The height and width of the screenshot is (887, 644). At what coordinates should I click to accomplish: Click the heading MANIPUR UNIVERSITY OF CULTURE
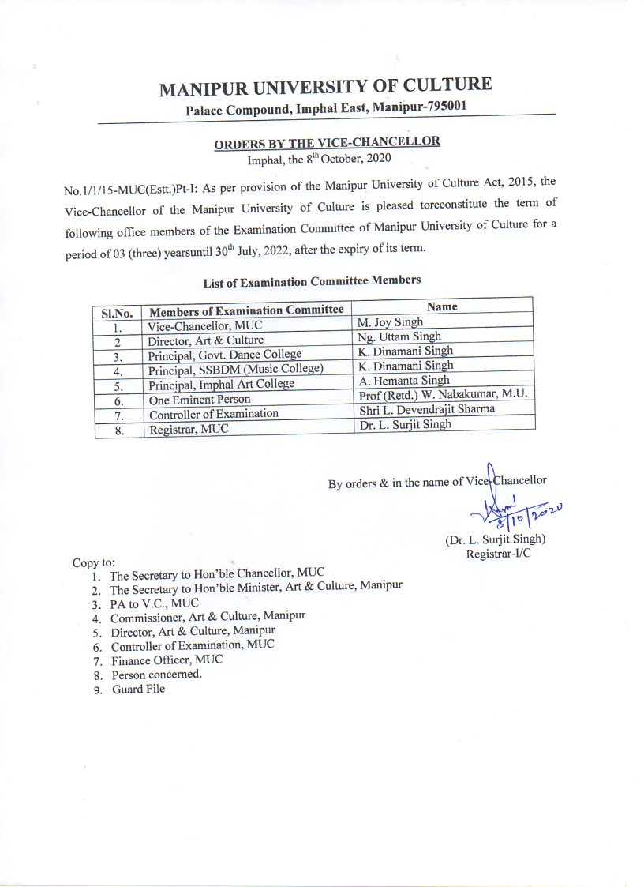click(x=325, y=86)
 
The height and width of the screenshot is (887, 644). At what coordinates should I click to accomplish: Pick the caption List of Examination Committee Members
click(x=312, y=280)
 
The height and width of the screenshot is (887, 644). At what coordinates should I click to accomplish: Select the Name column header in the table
click(x=442, y=306)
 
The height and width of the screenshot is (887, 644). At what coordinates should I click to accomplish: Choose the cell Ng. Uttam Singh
click(x=399, y=337)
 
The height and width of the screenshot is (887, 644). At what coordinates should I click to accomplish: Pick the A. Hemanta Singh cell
click(x=403, y=381)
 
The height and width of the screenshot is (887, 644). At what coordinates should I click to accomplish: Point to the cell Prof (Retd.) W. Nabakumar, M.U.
click(x=442, y=395)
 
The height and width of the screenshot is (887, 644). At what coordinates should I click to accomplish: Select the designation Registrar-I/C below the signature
click(x=498, y=554)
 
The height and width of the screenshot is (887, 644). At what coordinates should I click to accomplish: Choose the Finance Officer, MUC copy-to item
click(x=167, y=660)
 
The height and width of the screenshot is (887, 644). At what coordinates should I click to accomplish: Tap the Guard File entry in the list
click(x=138, y=690)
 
